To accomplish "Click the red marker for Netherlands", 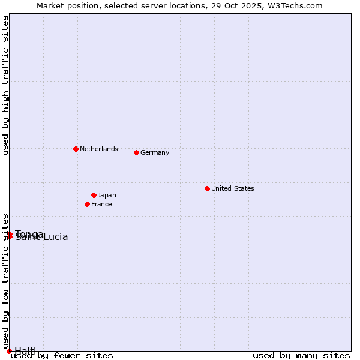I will (x=76, y=149).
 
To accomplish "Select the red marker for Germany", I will (x=136, y=152).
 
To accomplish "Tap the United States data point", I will (x=207, y=188).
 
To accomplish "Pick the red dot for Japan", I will (x=94, y=195).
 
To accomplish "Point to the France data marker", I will (x=87, y=204).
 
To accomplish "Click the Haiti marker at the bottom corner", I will (x=9, y=351).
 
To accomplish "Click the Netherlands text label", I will (x=99, y=149).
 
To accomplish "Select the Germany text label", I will (x=155, y=152).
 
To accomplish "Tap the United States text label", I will (x=233, y=188).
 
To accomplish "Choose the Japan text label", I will (x=107, y=195).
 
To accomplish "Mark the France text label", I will (x=101, y=204).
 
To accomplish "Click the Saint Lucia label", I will (x=42, y=238).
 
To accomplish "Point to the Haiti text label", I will (x=25, y=351).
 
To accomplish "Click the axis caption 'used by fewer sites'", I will (x=62, y=356).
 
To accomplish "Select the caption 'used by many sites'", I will (x=301, y=356).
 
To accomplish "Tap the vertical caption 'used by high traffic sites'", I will (x=5, y=85).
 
